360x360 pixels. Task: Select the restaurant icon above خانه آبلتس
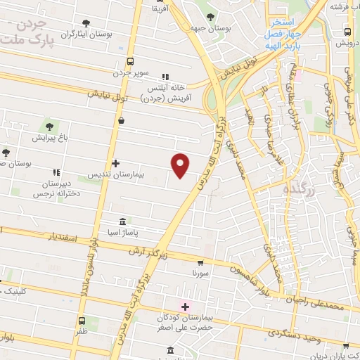[165, 77]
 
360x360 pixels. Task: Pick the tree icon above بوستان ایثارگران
[86, 23]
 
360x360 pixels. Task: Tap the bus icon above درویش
[348, 32]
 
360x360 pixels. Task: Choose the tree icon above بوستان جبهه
[211, 18]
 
